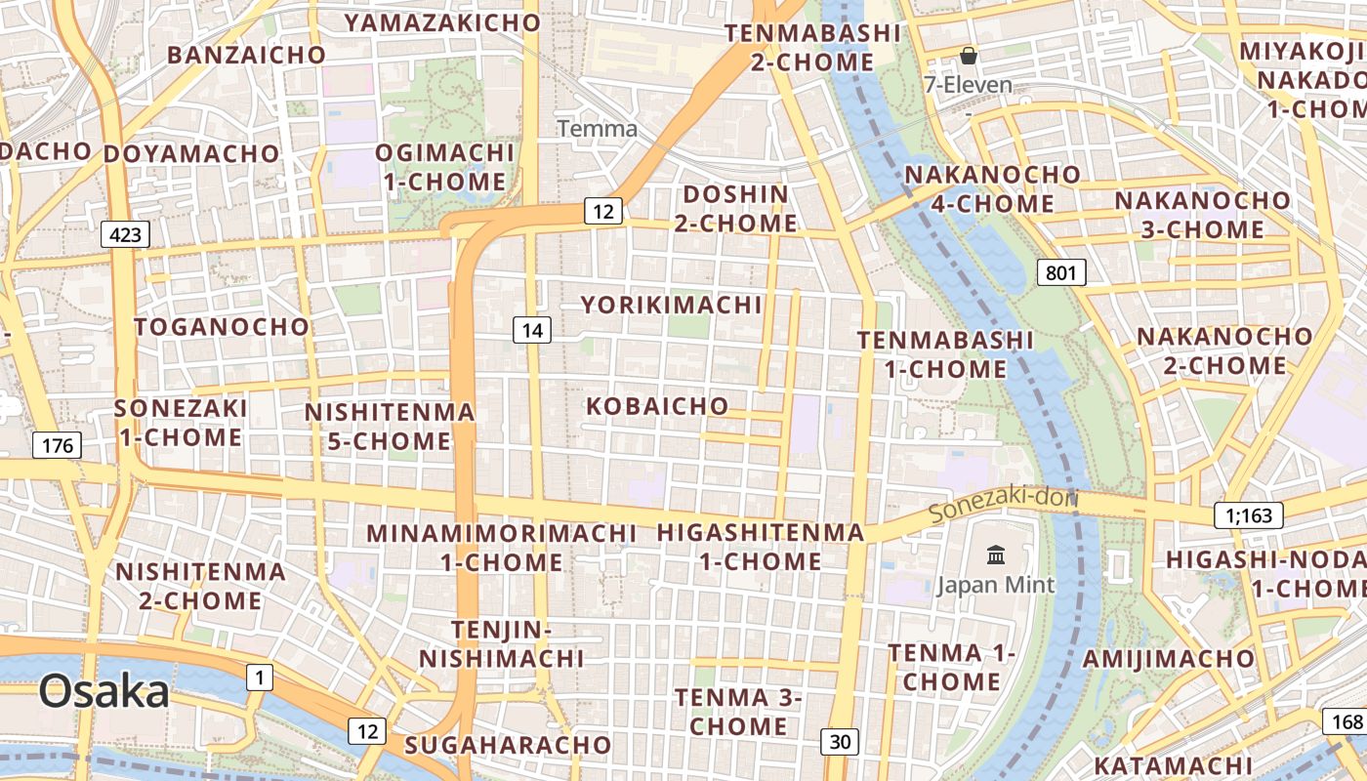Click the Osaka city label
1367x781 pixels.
104,691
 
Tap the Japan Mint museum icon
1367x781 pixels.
996,555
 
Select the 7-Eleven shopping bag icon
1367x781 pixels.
969,56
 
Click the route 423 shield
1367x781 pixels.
125,234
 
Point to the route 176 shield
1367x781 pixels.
58,446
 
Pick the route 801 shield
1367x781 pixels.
1060,272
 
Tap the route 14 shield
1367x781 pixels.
532,330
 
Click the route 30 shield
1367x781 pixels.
840,742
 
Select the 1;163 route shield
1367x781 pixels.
1249,515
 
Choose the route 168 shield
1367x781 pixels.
1346,722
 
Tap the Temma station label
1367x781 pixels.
598,128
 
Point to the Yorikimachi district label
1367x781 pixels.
672,305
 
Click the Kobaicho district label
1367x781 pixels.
657,405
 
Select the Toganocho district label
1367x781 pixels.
222,326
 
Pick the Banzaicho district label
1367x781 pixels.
246,55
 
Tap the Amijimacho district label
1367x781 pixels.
1168,658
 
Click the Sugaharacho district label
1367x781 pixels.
508,745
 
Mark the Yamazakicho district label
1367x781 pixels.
442,21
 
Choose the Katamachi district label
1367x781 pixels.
1173,764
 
